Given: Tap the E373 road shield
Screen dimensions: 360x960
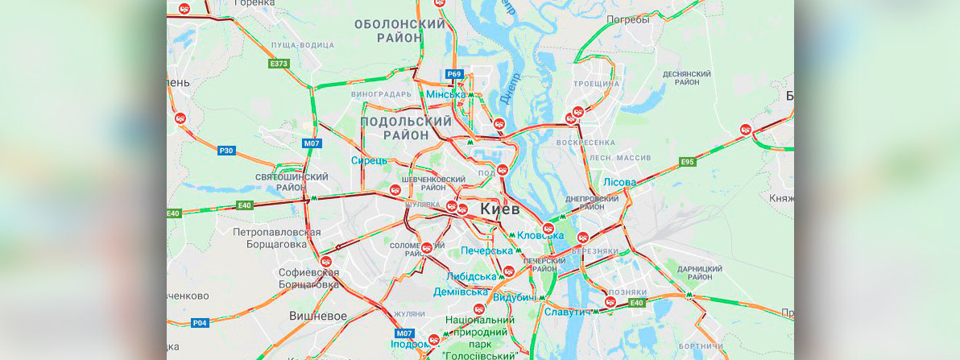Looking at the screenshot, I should (279, 63).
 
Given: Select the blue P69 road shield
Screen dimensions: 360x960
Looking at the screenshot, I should (454, 74).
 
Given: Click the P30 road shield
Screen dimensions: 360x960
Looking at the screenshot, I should (226, 150).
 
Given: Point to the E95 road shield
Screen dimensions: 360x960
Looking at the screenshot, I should (687, 162).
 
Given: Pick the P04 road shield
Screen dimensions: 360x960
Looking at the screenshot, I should (200, 323).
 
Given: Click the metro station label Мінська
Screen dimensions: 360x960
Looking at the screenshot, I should (445, 94).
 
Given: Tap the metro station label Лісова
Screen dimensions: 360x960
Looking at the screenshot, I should (619, 183).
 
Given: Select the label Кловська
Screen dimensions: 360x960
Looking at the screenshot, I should (540, 235).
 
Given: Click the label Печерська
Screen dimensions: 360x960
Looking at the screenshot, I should (486, 251).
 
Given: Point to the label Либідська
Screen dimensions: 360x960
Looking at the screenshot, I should (471, 276).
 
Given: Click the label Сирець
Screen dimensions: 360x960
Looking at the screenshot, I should (369, 160).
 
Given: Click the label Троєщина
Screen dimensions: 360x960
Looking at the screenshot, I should (597, 84).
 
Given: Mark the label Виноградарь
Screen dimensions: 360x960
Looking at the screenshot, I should (382, 94).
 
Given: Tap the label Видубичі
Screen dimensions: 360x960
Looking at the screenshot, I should (515, 298).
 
